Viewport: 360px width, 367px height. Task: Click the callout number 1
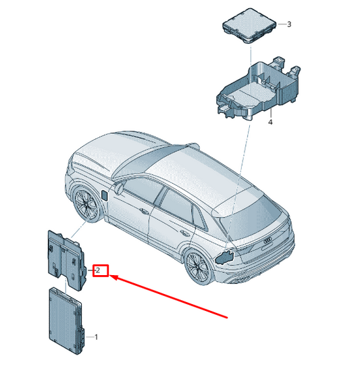click(96, 337)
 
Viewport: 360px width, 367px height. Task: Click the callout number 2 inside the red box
click(98, 270)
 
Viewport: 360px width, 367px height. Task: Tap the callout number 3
click(289, 24)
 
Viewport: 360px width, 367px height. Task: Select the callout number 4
click(270, 122)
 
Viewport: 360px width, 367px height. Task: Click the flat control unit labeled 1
click(66, 320)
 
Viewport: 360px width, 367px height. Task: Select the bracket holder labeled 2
click(67, 260)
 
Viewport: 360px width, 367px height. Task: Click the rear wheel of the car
click(198, 267)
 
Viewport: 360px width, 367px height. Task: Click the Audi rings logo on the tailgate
click(267, 241)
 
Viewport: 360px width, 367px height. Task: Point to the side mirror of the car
click(119, 189)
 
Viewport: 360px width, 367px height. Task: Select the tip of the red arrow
click(109, 276)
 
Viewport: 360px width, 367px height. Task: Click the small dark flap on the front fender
click(104, 195)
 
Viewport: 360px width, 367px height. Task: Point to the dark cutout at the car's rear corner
click(224, 257)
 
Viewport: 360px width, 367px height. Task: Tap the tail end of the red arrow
click(227, 318)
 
